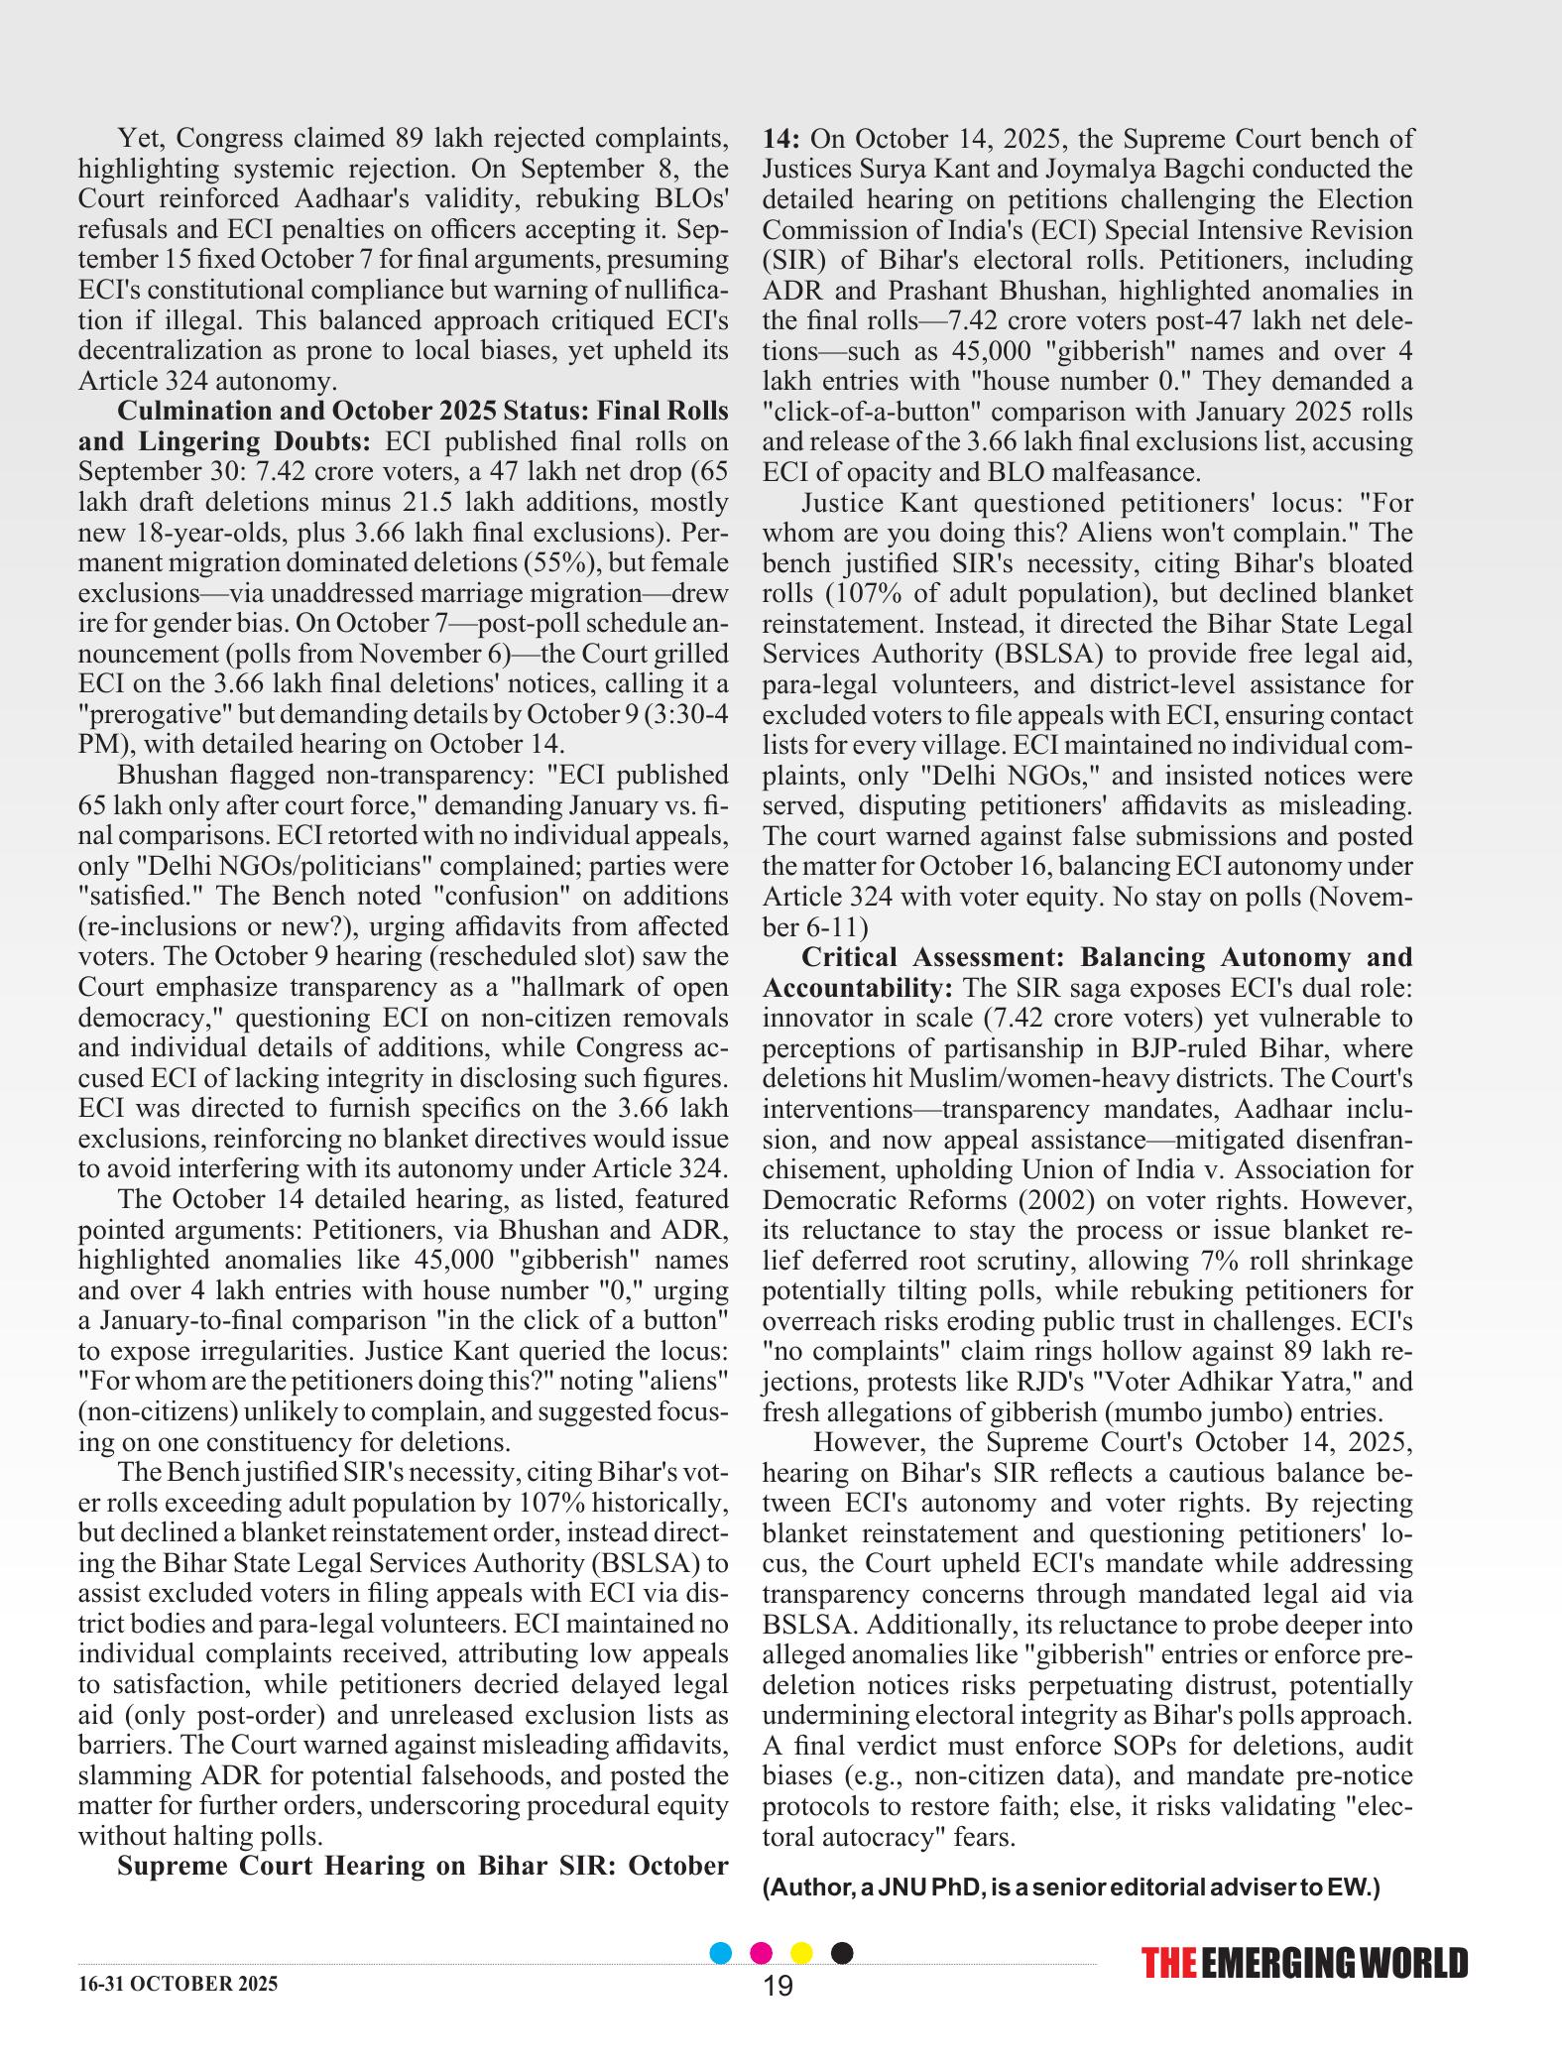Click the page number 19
pyautogui.click(x=779, y=1986)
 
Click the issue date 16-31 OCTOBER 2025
pyautogui.click(x=179, y=1984)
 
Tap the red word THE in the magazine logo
pyautogui.click(x=1169, y=1964)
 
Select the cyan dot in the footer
pyautogui.click(x=722, y=1953)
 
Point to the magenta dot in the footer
pyautogui.click(x=762, y=1953)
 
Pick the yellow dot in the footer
pyautogui.click(x=801, y=1953)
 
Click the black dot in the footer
pyautogui.click(x=841, y=1953)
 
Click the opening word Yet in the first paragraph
pyautogui.click(x=138, y=138)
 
